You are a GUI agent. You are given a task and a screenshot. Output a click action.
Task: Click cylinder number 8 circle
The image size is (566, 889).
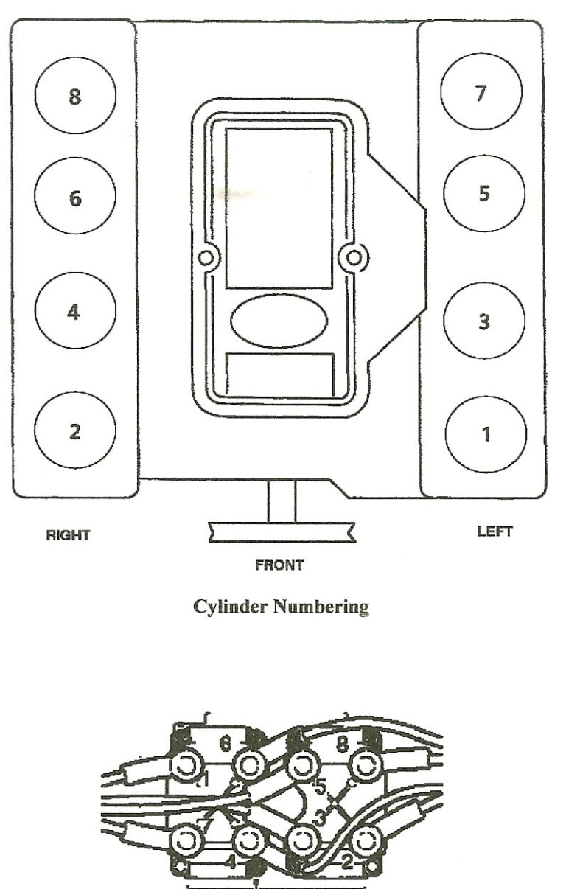click(75, 97)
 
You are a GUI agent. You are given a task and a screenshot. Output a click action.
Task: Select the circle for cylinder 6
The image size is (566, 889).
click(75, 198)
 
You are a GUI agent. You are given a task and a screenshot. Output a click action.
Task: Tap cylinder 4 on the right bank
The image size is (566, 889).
click(74, 312)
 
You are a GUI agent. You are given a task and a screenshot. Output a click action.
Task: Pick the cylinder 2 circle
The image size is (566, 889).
click(75, 431)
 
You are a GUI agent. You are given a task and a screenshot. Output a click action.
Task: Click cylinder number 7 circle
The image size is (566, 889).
click(481, 93)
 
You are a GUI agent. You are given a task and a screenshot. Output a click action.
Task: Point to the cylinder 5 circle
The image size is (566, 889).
click(483, 194)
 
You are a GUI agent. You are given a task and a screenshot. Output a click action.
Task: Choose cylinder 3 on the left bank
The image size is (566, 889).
click(483, 321)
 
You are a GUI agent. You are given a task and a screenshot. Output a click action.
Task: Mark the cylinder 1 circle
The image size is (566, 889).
click(485, 433)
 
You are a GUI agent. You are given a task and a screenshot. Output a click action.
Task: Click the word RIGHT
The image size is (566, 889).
click(68, 536)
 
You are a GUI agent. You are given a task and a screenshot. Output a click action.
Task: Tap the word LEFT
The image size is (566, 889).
click(495, 531)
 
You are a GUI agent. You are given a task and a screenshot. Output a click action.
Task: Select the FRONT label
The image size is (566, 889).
click(279, 565)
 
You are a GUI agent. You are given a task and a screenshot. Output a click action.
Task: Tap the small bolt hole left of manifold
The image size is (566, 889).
click(206, 258)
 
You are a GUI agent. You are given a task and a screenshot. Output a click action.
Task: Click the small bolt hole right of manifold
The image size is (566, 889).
click(354, 257)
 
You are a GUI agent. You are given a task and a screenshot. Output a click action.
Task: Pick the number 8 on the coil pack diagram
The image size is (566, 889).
click(340, 742)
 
